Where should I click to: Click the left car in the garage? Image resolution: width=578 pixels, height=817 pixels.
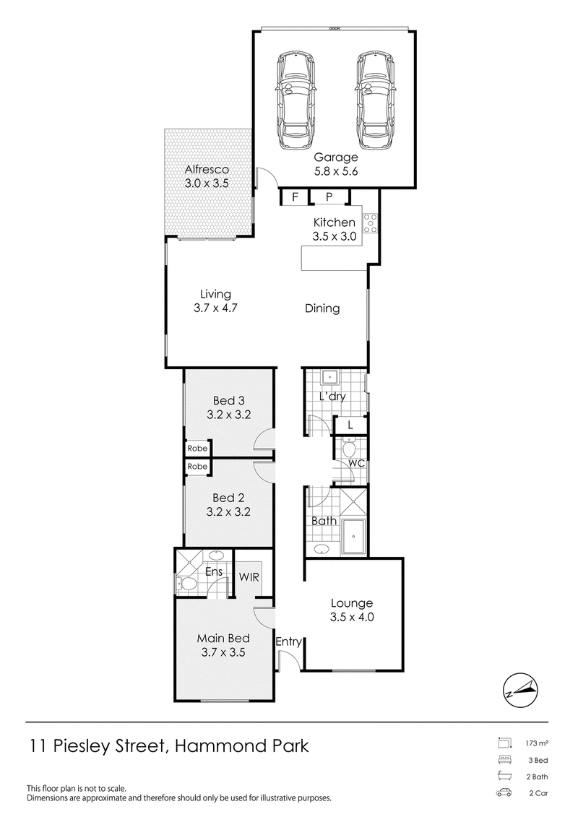tap(296, 100)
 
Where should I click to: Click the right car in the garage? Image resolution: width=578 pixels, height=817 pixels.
tap(375, 100)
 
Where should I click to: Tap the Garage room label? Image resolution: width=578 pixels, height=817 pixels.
tap(336, 157)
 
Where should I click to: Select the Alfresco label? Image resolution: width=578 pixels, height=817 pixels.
tap(207, 169)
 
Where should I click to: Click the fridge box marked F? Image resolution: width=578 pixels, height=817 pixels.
tap(295, 197)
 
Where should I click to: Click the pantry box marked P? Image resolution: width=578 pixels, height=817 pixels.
tap(329, 197)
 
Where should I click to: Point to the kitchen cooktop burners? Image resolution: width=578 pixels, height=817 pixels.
tap(371, 223)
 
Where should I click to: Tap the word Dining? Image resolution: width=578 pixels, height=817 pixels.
tap(322, 308)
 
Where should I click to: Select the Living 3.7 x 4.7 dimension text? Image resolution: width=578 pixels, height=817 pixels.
tap(215, 308)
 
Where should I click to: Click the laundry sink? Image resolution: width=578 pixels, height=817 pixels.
tap(329, 377)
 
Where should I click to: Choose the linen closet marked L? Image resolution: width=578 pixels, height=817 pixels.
tap(350, 425)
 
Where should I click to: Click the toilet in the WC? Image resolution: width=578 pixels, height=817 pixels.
tap(349, 446)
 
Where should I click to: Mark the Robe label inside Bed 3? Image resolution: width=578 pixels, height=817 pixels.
tap(197, 448)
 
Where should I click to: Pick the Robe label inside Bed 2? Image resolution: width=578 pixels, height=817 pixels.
tap(197, 467)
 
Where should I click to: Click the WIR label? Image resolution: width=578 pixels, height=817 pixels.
tap(249, 577)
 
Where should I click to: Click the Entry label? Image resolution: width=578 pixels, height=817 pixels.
tap(288, 642)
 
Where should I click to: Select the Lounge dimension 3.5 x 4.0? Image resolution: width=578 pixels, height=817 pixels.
tap(352, 618)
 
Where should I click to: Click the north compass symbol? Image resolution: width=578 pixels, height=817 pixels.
tap(521, 691)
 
